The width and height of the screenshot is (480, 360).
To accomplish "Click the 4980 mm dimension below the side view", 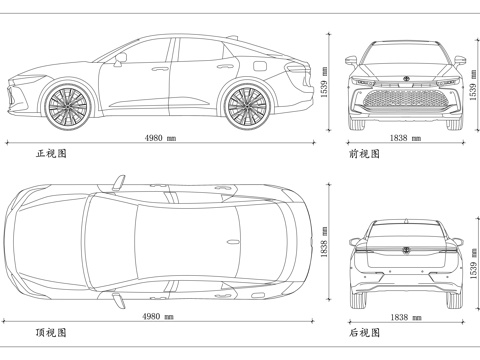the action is click(x=160, y=139).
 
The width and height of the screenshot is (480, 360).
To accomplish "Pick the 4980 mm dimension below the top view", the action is click(x=160, y=317).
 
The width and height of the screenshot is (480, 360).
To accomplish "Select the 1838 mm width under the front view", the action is click(x=405, y=139).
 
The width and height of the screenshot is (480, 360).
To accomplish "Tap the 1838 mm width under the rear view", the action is click(x=405, y=317).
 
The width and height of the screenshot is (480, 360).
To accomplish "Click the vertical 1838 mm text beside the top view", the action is click(x=324, y=243).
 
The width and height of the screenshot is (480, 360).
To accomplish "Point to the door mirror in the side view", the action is click(x=120, y=61).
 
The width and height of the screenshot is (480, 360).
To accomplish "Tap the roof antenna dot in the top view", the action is click(x=232, y=243).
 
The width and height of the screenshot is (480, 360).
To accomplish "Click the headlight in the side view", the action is click(x=20, y=81).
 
